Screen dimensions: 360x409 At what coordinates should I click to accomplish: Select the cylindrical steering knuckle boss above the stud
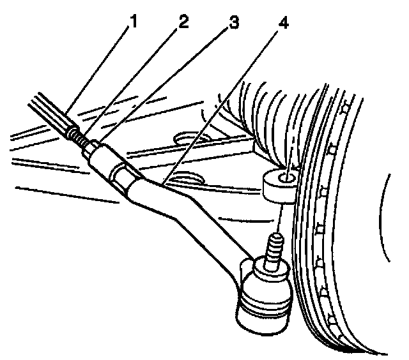278,185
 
